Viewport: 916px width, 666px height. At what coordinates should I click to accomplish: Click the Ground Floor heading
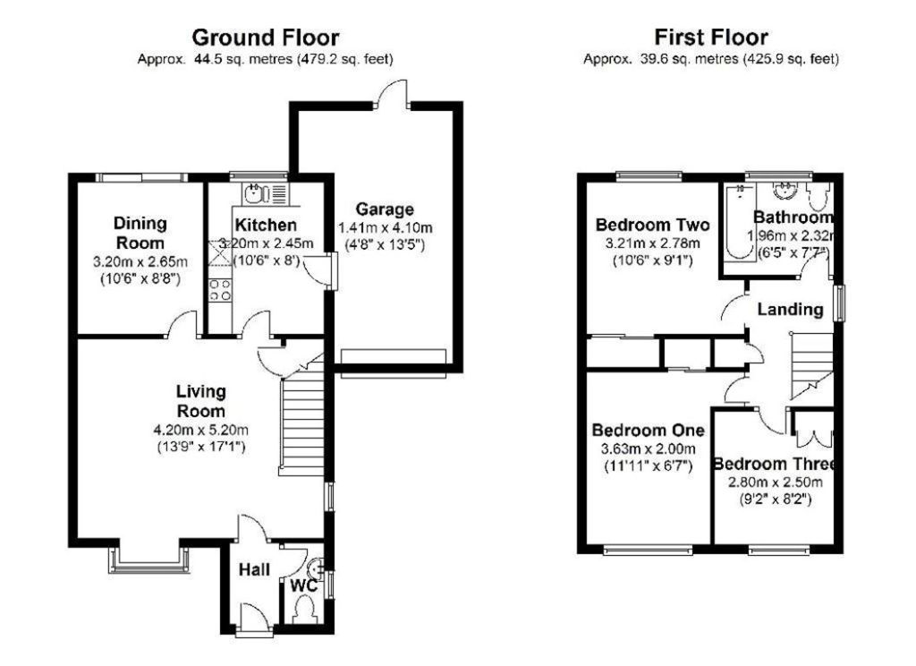click(265, 38)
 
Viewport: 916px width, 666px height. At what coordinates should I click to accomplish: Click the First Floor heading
click(711, 38)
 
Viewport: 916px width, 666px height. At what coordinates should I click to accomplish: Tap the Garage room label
click(385, 209)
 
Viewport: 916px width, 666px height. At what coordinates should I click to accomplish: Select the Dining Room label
click(140, 233)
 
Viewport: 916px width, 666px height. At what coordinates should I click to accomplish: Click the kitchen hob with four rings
click(220, 290)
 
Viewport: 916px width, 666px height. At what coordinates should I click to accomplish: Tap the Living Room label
click(201, 400)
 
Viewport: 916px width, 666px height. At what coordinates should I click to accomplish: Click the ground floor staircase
click(302, 415)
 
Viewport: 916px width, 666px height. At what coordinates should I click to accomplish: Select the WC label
click(304, 585)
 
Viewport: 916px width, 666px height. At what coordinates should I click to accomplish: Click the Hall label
click(254, 569)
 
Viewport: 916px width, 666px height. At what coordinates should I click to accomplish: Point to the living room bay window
click(149, 559)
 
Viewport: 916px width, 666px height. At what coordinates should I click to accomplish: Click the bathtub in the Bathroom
click(737, 222)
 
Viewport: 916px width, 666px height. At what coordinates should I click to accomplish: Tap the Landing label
click(791, 310)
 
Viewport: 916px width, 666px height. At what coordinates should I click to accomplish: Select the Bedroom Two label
click(652, 225)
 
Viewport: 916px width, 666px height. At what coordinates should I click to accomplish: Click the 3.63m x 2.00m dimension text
click(649, 449)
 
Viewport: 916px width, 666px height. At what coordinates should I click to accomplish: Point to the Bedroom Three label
click(774, 464)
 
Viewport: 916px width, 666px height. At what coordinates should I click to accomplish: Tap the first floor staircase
click(811, 365)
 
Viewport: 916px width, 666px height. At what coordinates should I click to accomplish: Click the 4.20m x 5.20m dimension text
click(200, 431)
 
